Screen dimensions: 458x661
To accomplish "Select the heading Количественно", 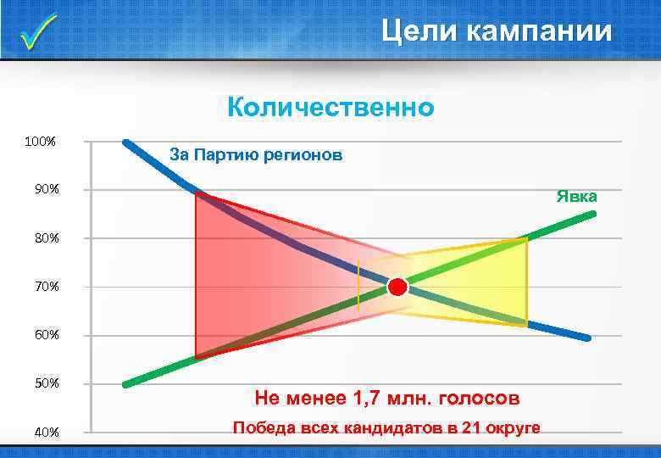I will pos(330,108).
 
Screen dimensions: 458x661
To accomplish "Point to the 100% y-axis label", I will pos(41,141).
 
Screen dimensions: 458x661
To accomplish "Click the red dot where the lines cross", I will pos(397,288).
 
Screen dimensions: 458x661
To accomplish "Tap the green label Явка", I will pos(576,197).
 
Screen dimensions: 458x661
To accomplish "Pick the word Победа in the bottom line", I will pos(264,427).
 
